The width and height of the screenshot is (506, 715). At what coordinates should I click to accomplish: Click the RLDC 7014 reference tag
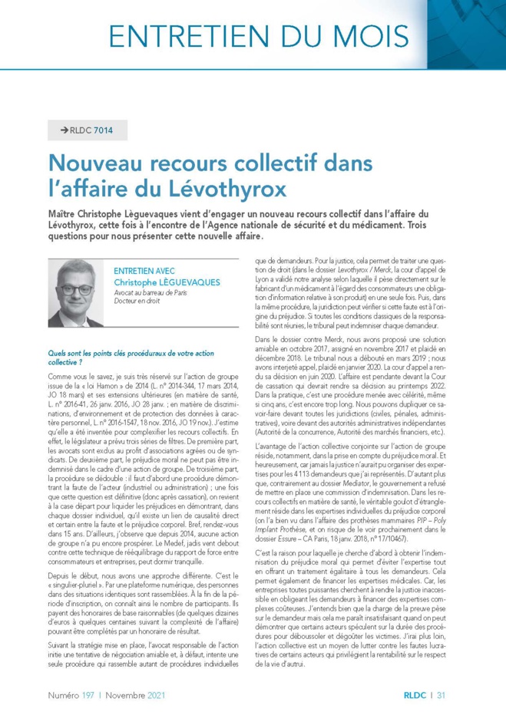point(91,130)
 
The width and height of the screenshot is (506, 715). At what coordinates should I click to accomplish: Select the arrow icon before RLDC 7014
point(64,130)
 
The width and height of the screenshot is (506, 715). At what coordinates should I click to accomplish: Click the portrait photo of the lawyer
point(75,293)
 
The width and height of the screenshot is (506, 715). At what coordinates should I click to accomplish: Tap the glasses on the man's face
point(76,289)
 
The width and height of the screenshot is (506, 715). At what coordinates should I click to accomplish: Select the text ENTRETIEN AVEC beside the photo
point(143,271)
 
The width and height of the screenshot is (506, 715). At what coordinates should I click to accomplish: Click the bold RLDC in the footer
point(415,695)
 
